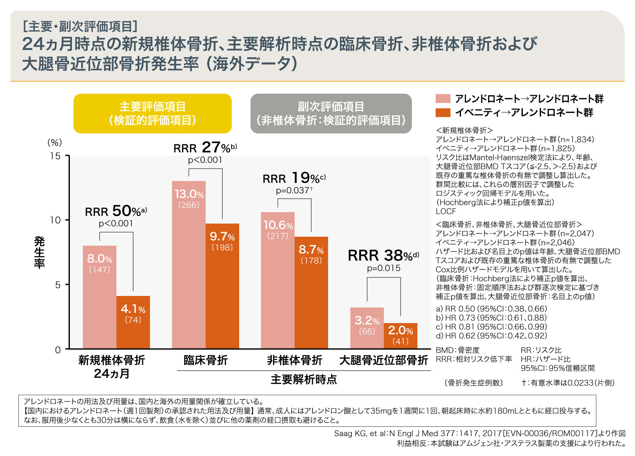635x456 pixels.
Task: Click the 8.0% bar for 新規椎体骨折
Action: pos(99,296)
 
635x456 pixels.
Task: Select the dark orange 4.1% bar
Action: pos(133,322)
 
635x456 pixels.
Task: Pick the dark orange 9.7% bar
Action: pos(222,286)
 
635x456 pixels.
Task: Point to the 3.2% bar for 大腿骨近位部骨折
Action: pos(367,328)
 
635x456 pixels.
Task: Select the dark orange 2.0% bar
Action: pos(400,336)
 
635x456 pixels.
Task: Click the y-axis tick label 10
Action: pos(55,220)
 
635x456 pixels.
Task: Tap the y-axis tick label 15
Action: pos(55,156)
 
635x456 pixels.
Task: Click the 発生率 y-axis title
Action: pos(39,252)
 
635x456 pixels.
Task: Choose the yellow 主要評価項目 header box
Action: pos(152,113)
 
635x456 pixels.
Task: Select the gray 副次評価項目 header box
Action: pos(331,113)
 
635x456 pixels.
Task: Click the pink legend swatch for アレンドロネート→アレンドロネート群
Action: pos(443,99)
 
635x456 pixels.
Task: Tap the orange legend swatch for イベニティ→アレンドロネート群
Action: pos(443,113)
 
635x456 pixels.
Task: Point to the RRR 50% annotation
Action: pos(116,211)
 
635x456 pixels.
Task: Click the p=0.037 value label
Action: pos(294,191)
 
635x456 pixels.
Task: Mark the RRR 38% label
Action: pos(383,255)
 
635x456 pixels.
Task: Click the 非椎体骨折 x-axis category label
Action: pos(295,360)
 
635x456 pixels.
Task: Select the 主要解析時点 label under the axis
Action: pos(304,379)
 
